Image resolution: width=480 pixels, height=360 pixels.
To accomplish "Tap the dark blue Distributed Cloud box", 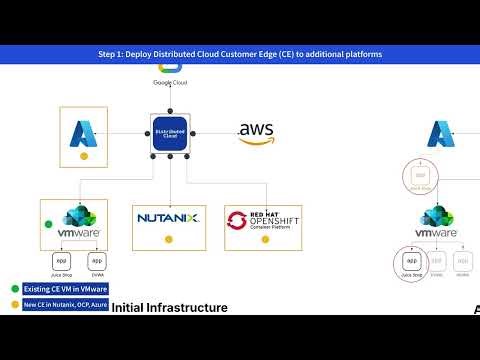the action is (x=170, y=133).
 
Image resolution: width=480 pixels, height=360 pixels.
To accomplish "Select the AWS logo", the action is (x=257, y=133).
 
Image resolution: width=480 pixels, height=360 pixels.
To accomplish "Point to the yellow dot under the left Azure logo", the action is (x=84, y=157).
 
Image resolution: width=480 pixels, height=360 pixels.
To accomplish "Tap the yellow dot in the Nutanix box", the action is (x=168, y=239).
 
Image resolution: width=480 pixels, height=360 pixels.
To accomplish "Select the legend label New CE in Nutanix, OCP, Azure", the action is (x=64, y=304).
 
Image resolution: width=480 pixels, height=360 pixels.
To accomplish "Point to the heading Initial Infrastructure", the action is (x=169, y=307).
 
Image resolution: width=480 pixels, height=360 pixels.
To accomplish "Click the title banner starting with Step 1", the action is (x=240, y=53).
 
